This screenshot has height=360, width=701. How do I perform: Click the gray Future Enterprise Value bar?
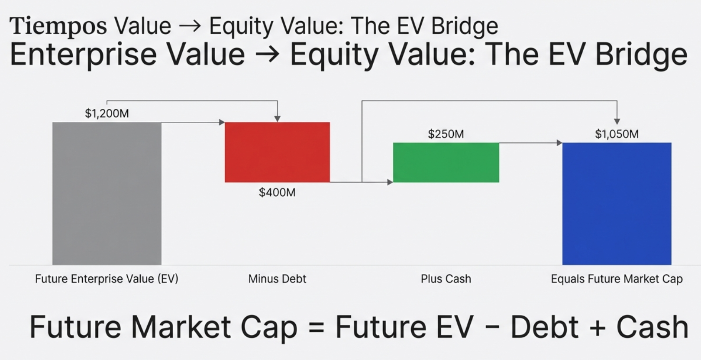coord(107,193)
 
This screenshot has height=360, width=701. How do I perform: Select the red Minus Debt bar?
coord(277,152)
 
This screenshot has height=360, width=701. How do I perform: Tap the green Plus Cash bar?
coord(446,162)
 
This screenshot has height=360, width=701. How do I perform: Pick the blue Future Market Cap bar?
coord(617,204)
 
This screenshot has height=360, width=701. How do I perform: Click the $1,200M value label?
coord(107,114)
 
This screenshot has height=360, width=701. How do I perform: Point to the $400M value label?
coord(277,192)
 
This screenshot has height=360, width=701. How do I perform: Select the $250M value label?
coord(446,134)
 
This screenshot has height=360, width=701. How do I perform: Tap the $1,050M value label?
coord(617,134)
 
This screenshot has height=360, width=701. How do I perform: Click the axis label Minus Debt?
coord(277,279)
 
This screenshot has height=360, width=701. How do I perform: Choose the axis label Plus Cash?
coord(446,279)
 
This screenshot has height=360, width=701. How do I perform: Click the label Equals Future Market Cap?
coord(617,279)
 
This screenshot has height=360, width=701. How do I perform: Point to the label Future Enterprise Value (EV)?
coord(107,279)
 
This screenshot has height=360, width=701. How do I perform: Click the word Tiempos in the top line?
coord(58,26)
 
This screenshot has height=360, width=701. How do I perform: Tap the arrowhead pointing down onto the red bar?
coord(277,119)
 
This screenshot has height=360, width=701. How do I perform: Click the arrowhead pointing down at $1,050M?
coord(617,121)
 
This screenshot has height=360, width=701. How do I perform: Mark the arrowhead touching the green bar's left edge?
coord(390,182)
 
